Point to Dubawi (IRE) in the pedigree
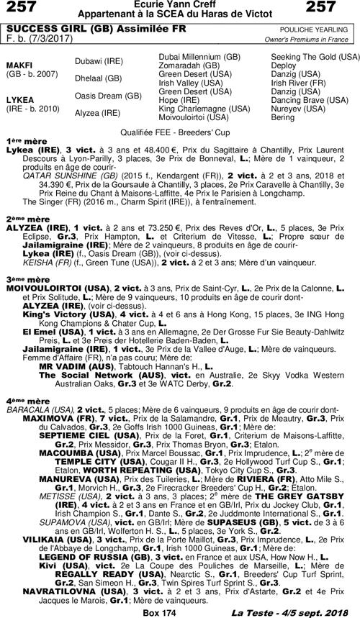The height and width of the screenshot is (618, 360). [98, 62]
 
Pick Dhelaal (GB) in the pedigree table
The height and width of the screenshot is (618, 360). [99, 78]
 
